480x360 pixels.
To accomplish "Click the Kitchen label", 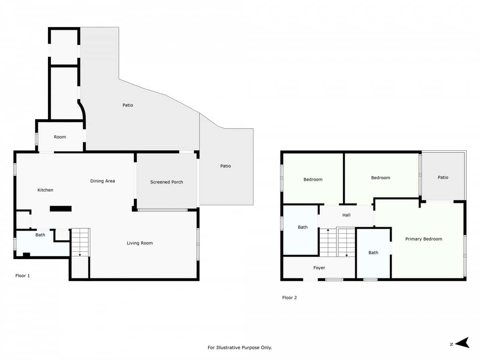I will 45,190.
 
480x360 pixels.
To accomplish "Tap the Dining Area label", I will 102,181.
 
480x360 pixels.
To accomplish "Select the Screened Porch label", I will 166,182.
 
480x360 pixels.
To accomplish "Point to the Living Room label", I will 140,243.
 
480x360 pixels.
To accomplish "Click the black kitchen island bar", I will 61,208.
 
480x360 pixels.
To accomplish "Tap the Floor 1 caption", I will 22,276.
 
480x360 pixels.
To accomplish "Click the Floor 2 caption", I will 289,298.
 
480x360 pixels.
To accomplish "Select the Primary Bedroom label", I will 424,239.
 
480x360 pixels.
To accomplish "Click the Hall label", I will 346,215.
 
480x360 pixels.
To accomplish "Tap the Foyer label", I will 319,268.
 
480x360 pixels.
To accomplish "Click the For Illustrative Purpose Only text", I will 240,348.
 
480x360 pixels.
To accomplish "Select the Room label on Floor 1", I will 60,137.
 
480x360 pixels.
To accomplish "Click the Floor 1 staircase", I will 80,242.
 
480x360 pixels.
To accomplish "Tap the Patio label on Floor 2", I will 443,178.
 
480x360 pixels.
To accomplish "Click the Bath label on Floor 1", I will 40,235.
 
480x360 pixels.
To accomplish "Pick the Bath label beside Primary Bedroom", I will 373,253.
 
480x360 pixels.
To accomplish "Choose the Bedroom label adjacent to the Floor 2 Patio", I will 380,178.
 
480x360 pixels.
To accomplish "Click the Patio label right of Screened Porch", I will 226,166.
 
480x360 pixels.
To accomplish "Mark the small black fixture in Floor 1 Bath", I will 26,254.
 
